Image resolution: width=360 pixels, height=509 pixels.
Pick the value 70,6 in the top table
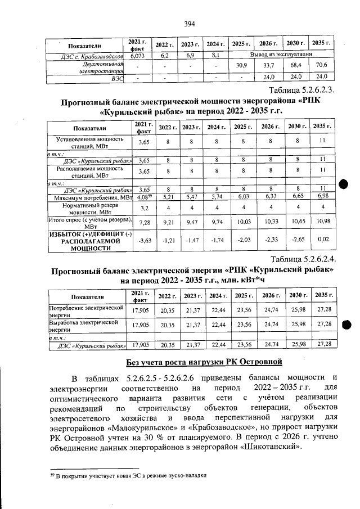point(321,66)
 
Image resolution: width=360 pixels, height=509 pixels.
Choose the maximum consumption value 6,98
point(321,198)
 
